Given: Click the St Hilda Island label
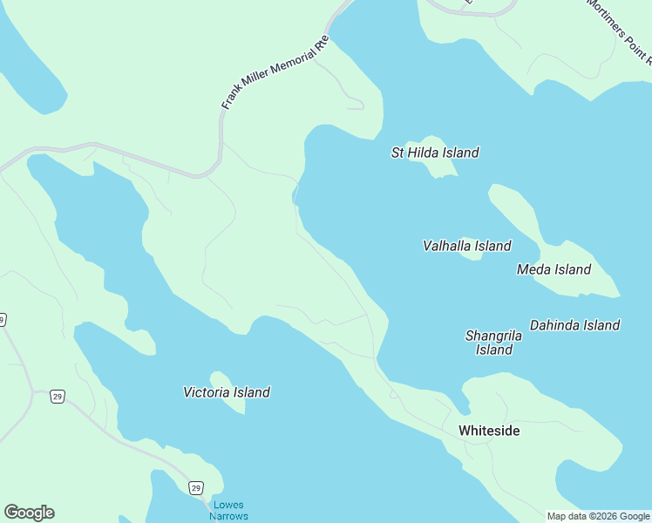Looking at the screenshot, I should point(435,153).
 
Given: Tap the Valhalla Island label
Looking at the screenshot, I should point(466,246).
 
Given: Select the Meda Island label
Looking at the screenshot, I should point(554,269).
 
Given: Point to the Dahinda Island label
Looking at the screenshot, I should point(574,325).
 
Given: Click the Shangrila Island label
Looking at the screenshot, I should point(493,343).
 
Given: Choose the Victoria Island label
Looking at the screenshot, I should point(227,392).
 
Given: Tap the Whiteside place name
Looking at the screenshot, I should point(489,431).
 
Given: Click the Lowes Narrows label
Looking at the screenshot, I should point(228,510).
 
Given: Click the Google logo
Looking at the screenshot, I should point(29,513).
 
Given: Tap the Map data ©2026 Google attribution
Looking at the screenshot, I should point(599,516).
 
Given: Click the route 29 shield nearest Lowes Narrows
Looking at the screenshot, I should point(196,487).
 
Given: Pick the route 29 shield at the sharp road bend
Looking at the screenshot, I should point(57,397).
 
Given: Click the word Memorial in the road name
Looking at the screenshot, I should point(280,69).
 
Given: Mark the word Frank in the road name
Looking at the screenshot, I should point(228,101).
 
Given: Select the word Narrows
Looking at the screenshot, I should point(229,516).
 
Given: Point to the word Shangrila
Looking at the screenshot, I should point(493,336).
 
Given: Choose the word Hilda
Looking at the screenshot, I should point(424,153).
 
